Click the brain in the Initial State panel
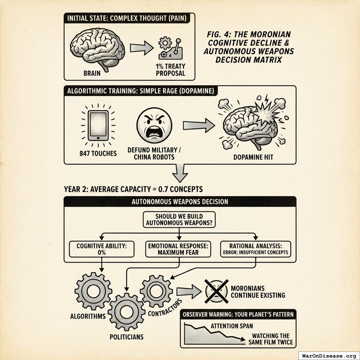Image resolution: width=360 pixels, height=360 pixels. pyautogui.click(x=98, y=48)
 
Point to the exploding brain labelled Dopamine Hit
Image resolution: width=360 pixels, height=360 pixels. pyautogui.click(x=251, y=123)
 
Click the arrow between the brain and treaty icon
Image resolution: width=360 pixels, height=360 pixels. pyautogui.click(x=142, y=47)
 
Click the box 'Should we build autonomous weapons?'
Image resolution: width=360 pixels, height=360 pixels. pyautogui.click(x=179, y=220)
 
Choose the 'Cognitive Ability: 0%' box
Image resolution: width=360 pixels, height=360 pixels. pyautogui.click(x=101, y=249)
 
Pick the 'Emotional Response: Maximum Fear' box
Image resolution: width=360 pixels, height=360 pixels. pyautogui.click(x=178, y=249)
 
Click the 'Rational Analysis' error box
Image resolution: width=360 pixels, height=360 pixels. pyautogui.click(x=256, y=249)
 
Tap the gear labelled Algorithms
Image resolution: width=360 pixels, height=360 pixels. pyautogui.click(x=93, y=291)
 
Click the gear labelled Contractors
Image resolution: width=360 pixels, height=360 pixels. pyautogui.click(x=156, y=291)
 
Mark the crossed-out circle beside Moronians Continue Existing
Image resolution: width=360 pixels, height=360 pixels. pyautogui.click(x=217, y=291)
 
